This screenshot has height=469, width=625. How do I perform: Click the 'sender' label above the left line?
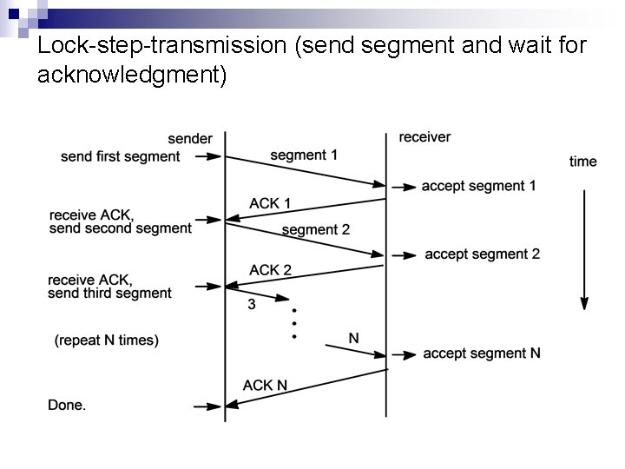(190, 139)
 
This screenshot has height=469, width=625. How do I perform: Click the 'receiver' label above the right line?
(424, 137)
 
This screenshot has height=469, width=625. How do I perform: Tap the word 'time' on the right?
(583, 162)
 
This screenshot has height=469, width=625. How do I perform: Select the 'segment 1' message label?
(304, 155)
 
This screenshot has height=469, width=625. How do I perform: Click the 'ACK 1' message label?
(270, 203)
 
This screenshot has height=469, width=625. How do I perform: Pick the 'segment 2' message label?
(316, 230)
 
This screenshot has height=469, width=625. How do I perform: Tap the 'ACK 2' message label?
(270, 270)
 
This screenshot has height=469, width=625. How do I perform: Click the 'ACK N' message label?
(266, 385)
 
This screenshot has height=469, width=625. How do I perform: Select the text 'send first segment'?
(121, 157)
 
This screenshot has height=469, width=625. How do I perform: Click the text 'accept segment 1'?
(478, 186)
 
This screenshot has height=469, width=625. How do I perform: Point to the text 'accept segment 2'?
(482, 254)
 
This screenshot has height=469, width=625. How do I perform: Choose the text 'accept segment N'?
(482, 353)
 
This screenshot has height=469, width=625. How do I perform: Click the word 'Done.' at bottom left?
(67, 405)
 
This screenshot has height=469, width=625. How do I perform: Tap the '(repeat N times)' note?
(107, 340)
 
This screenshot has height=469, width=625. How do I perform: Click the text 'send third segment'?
(110, 294)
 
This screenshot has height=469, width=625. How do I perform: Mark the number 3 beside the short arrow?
(252, 304)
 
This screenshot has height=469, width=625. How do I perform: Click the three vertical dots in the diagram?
(295, 323)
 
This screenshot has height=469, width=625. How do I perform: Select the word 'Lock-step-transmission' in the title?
(164, 45)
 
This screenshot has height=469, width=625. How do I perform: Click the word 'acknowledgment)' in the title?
(132, 76)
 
